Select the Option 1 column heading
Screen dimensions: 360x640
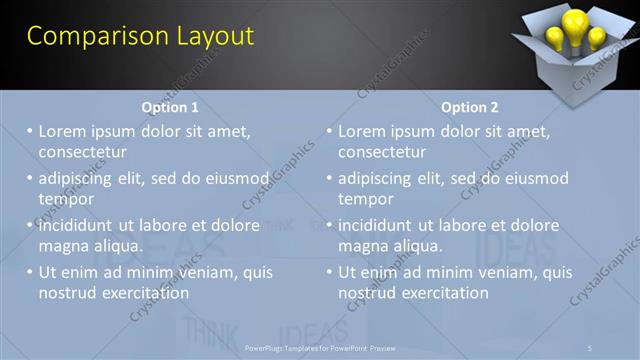(171, 107)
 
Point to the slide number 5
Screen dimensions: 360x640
(590, 347)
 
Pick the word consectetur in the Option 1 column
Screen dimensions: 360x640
(82, 152)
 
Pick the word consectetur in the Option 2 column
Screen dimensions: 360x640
(381, 152)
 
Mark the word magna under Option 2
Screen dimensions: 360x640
(362, 246)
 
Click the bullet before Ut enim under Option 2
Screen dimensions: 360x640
(329, 272)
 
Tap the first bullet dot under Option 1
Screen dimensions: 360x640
(30, 131)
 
